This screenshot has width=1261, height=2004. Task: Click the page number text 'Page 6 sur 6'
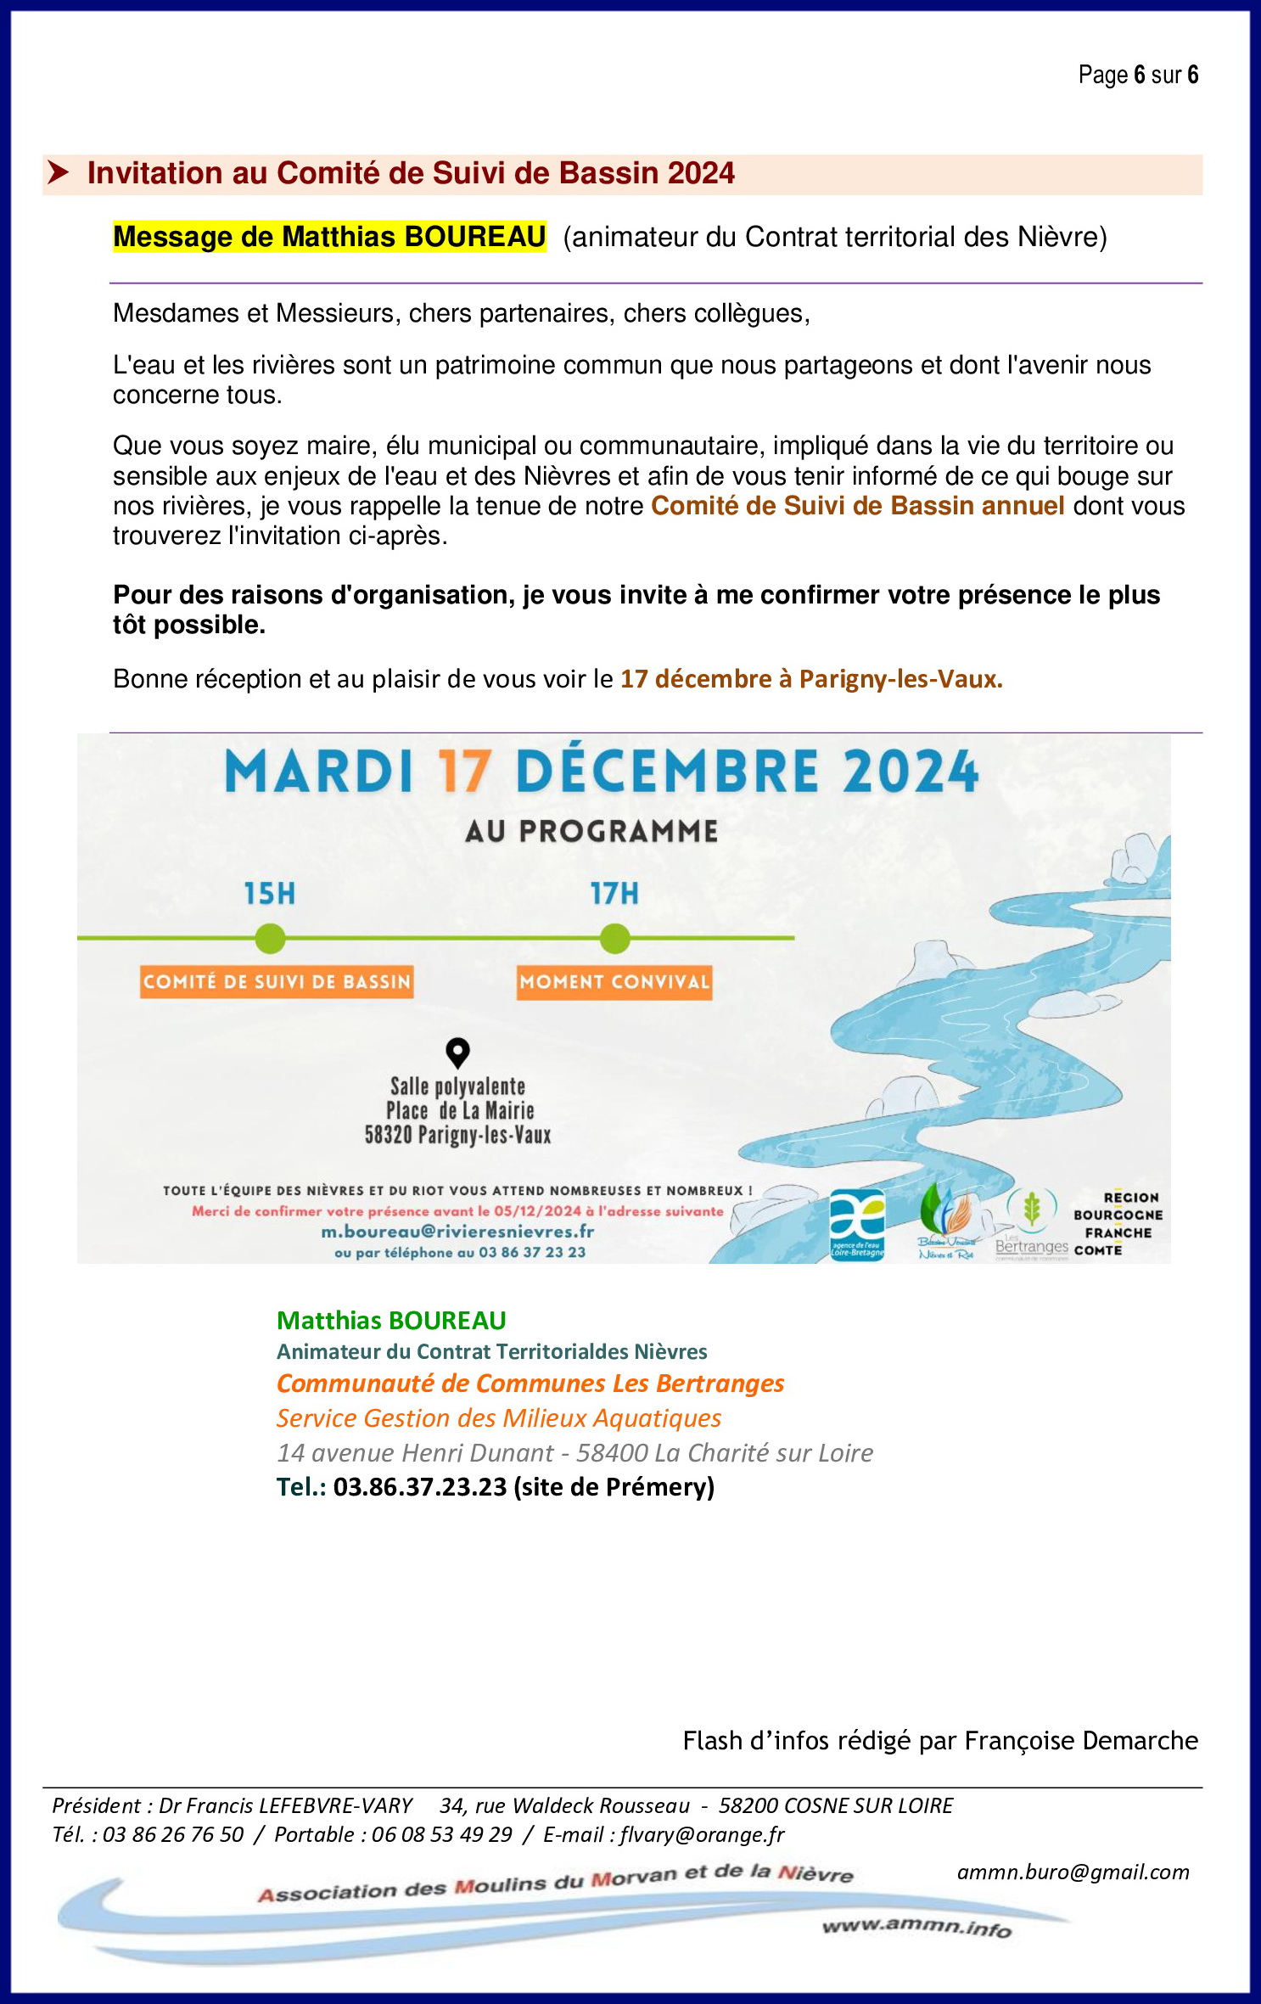click(x=1137, y=76)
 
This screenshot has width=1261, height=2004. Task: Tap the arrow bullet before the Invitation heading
click(x=58, y=173)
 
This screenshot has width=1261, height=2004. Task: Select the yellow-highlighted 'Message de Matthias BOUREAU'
click(x=329, y=237)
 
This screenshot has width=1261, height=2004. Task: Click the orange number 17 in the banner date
click(x=464, y=772)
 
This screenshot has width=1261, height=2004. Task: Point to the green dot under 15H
click(x=270, y=939)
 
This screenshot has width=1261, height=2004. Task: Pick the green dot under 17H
click(x=614, y=939)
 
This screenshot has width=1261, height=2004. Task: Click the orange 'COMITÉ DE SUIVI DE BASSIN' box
click(x=277, y=982)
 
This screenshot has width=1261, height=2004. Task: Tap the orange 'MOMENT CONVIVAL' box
click(x=614, y=982)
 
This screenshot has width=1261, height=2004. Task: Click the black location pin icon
click(x=457, y=1053)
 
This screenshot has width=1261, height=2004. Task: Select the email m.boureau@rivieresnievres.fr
click(x=457, y=1232)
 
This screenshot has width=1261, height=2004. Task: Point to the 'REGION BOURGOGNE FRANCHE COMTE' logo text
click(x=1118, y=1224)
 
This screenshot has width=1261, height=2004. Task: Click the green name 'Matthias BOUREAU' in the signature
click(x=391, y=1321)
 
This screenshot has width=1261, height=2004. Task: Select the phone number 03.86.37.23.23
click(x=420, y=1487)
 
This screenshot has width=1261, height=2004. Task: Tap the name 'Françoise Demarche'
click(x=1081, y=1741)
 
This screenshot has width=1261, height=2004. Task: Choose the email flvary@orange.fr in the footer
click(x=702, y=1834)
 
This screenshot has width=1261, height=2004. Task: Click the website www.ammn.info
click(x=916, y=1928)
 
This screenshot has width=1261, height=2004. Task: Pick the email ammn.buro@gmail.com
click(x=1073, y=1872)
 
